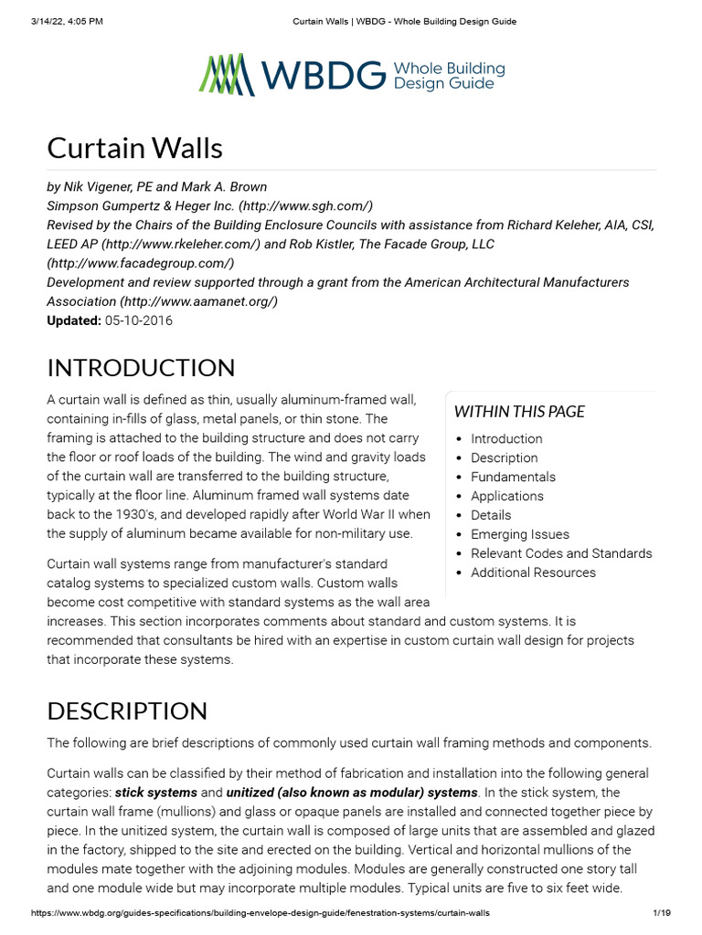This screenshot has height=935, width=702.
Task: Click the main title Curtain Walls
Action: click(134, 148)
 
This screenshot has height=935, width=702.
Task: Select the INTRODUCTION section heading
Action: click(141, 368)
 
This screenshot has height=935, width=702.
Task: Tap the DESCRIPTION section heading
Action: click(127, 711)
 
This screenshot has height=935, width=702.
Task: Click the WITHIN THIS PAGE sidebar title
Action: click(519, 412)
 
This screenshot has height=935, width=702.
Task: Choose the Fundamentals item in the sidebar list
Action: click(513, 477)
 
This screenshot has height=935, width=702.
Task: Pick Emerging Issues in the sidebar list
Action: click(519, 534)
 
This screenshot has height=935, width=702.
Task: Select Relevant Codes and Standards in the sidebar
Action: click(561, 553)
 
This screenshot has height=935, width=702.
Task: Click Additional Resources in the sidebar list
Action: click(533, 573)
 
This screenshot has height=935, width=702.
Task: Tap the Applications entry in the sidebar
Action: click(506, 496)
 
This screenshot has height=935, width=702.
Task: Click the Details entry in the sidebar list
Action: click(491, 515)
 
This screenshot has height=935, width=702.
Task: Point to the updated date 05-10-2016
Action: click(138, 320)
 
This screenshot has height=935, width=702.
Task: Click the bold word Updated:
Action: click(74, 320)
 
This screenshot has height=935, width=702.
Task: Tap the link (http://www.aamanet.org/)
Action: click(198, 301)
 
